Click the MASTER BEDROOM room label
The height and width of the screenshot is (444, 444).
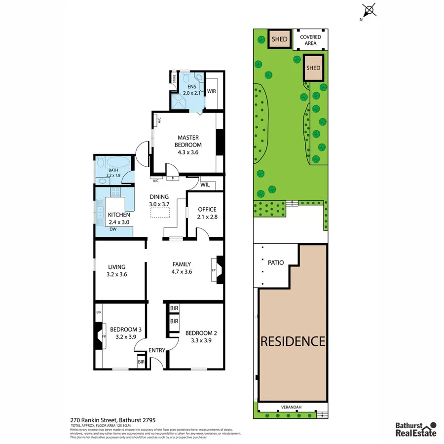pos(188,141)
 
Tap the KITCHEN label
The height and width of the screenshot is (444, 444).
pos(119,215)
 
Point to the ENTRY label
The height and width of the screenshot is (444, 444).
pos(157,350)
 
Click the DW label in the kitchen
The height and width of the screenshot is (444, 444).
pos(113,229)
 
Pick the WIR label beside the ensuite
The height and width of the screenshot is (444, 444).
pos(212,91)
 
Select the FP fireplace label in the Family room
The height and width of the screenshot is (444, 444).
pos(214,271)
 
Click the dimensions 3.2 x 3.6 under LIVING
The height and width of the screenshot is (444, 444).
pos(116,274)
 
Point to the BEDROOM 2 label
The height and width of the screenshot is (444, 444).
pos(201,333)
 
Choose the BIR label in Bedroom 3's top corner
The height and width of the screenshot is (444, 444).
pos(99,313)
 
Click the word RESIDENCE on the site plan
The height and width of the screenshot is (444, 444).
pos(293,341)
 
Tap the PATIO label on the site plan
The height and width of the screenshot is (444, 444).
pos(276,262)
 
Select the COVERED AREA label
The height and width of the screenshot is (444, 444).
pos(310,40)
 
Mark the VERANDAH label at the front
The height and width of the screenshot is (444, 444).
pos(292,407)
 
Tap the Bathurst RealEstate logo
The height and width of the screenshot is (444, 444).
pos(415,429)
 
